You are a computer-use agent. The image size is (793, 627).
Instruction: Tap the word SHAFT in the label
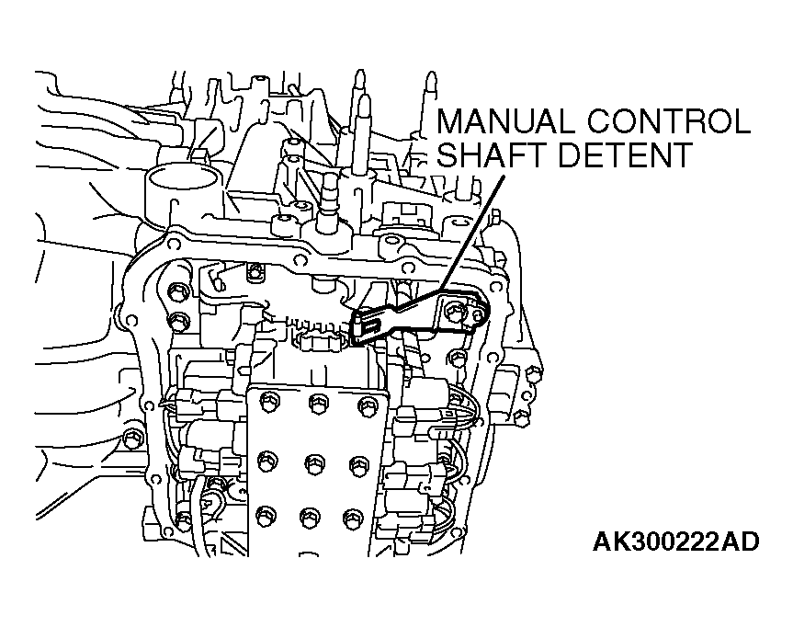[492, 154]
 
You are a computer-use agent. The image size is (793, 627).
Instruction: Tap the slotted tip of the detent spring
[368, 323]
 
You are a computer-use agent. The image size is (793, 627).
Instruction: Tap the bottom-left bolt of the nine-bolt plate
[266, 511]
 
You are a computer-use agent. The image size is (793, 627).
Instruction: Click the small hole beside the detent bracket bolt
[475, 314]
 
